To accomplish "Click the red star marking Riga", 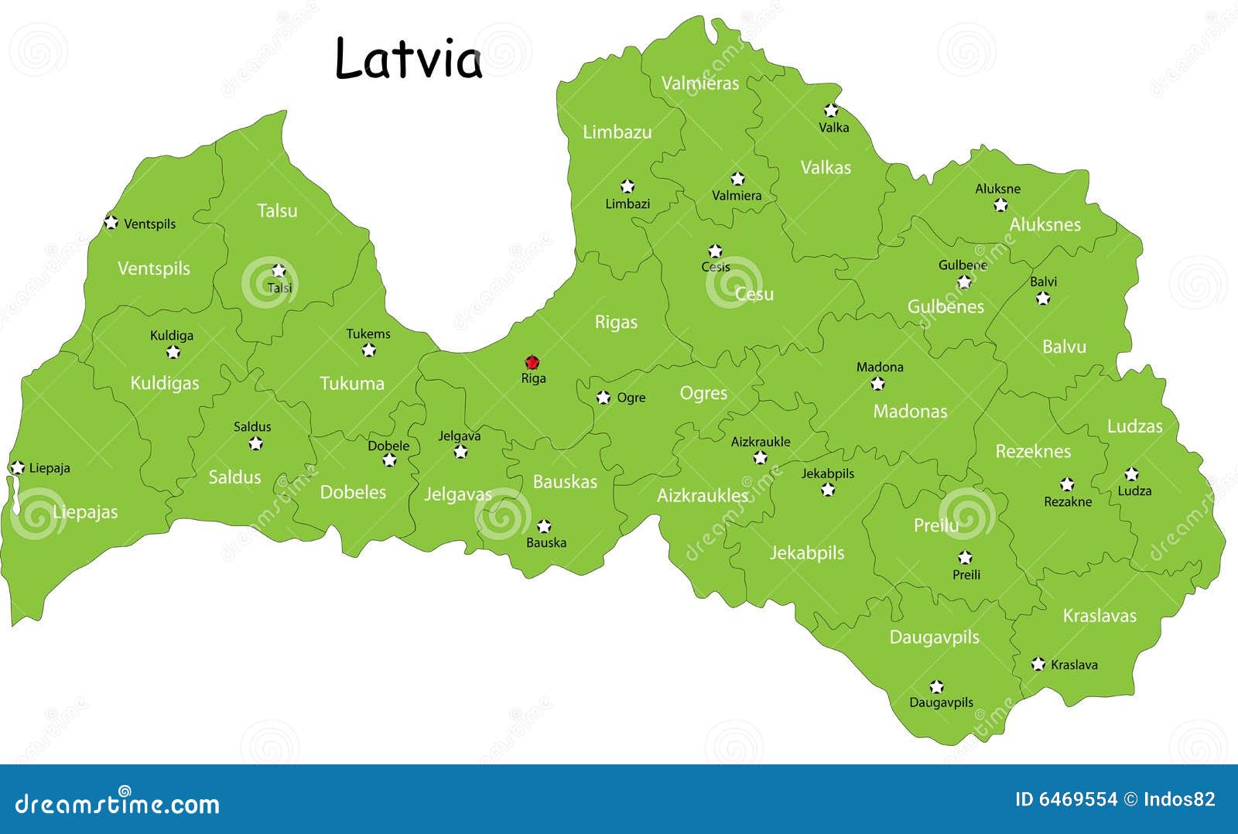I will tap(532, 362).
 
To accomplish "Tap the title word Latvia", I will tap(409, 59).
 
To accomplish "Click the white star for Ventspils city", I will tap(111, 223).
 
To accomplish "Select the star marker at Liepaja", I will tap(17, 467).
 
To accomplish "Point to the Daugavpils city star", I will tap(936, 686).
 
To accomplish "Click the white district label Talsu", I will tap(277, 210).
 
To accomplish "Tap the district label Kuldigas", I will tap(164, 383).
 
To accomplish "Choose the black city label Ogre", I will tap(631, 398).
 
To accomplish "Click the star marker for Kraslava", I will tap(1038, 664).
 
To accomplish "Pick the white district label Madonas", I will tap(910, 412).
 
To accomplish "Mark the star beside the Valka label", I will tap(831, 110).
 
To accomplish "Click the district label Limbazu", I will tap(617, 132).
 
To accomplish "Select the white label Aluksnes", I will tap(1045, 224).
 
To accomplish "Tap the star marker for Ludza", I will tap(1131, 473).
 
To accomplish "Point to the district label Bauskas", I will tap(565, 482).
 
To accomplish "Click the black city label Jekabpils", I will tap(827, 473).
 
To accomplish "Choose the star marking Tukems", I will tap(368, 350).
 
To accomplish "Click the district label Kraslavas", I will tap(1099, 616).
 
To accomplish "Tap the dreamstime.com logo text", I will tap(118, 804).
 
